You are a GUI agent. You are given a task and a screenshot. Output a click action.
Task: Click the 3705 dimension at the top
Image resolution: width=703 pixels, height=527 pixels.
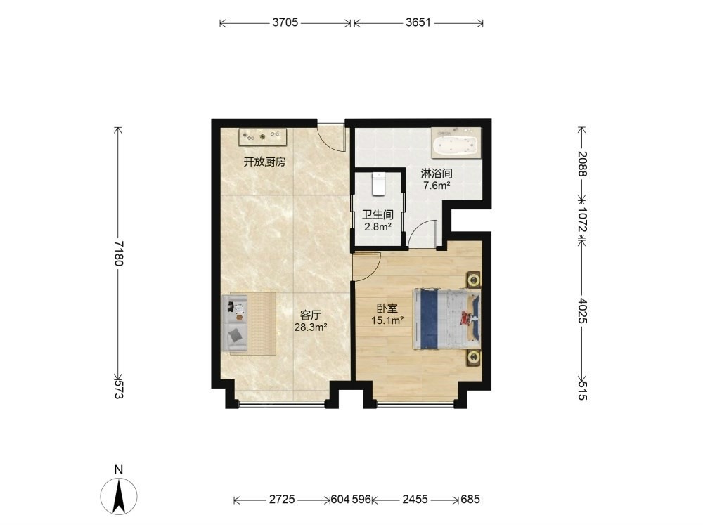tap(285, 22)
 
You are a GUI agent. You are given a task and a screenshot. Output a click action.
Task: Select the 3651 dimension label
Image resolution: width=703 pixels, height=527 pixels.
tap(418, 22)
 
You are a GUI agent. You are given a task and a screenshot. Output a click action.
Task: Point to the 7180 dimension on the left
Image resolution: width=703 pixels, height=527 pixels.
tap(118, 253)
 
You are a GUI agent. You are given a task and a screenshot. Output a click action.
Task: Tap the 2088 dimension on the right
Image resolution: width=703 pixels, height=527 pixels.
tap(582, 164)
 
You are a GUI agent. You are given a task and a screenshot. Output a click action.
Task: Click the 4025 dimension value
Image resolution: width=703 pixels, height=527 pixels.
tap(582, 311)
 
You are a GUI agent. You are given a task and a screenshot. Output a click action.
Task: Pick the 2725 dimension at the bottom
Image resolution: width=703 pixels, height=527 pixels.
tap(282, 499)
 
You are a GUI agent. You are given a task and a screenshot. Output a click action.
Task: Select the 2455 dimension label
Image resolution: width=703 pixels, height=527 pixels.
tap(415, 499)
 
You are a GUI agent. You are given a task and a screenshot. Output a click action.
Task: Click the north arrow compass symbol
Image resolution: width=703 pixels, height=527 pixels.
tap(119, 496)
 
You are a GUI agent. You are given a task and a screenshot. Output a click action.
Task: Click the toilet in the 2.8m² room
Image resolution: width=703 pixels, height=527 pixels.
tap(379, 183)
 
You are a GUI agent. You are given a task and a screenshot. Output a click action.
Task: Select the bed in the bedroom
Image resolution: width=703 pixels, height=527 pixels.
tap(446, 319)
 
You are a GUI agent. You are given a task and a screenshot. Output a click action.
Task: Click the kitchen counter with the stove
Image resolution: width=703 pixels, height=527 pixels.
tap(262, 137)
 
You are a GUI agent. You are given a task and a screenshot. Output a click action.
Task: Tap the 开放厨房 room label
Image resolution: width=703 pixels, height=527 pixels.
tap(264, 162)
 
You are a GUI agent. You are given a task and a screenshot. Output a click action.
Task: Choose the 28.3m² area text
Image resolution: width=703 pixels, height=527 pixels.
tap(311, 327)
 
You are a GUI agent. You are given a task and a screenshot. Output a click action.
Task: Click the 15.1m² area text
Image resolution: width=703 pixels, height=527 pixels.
tap(387, 320)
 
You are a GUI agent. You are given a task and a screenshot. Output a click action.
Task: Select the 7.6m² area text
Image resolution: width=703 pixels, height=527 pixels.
tap(437, 185)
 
